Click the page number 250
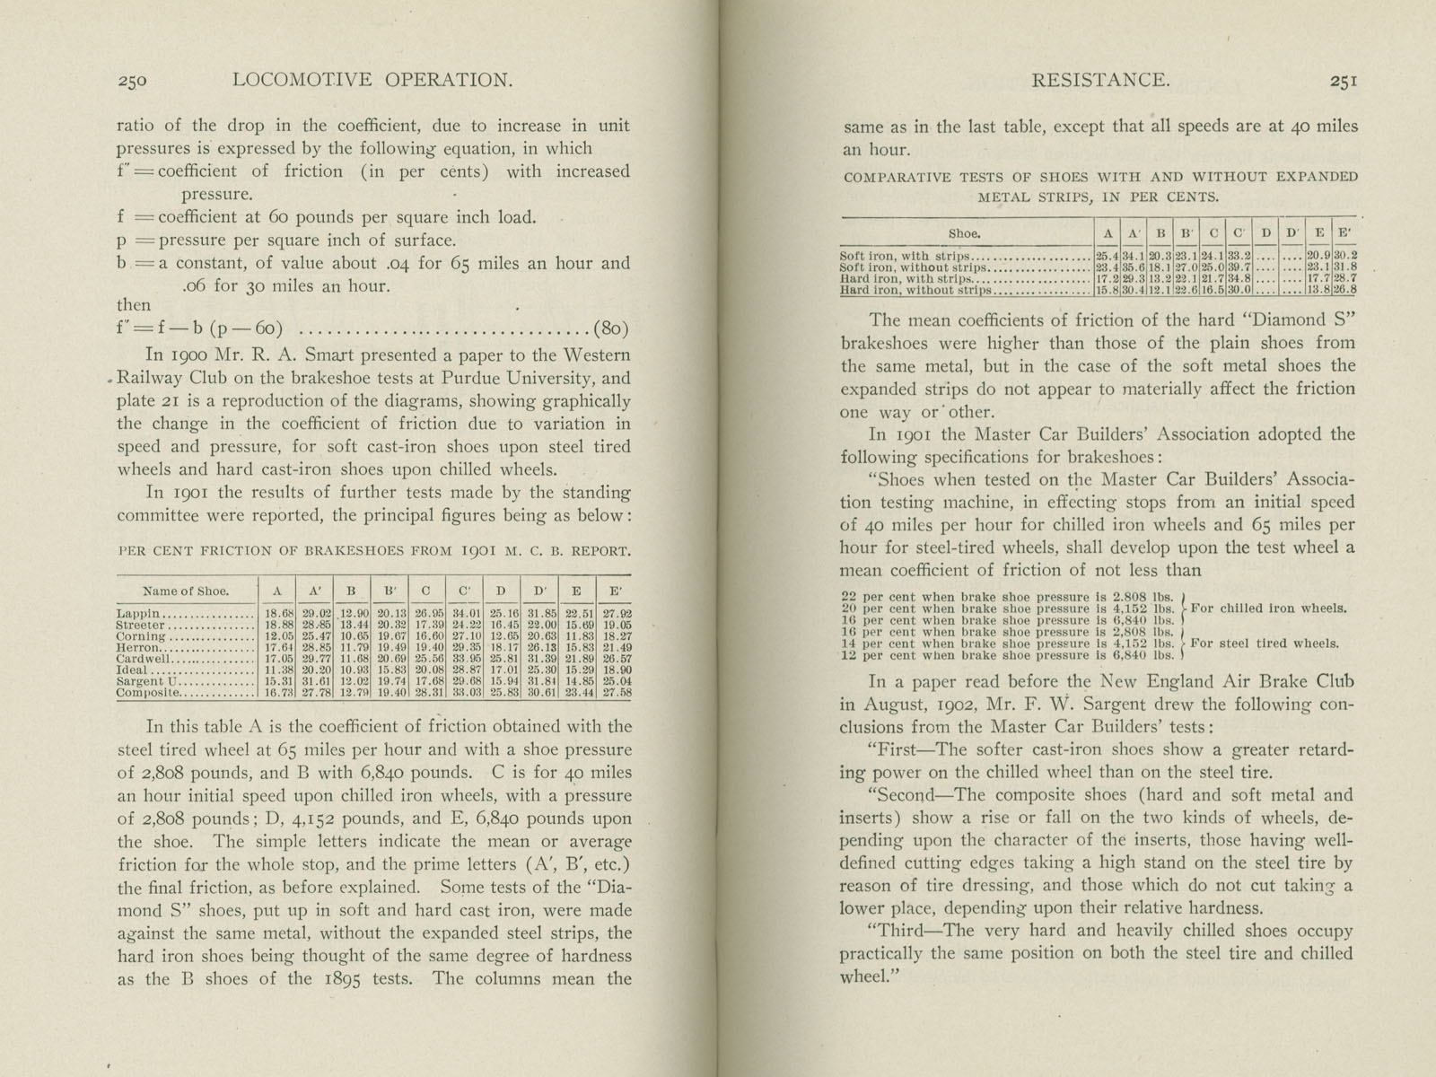pos(132,81)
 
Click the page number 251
pos(1344,81)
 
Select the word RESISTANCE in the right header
pos(1100,81)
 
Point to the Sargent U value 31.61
pos(318,682)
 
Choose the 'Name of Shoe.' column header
pos(186,591)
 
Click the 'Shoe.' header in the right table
pos(964,233)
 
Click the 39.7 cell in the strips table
pos(1239,267)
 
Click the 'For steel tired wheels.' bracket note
pos(1265,643)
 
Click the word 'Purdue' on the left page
pos(478,378)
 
